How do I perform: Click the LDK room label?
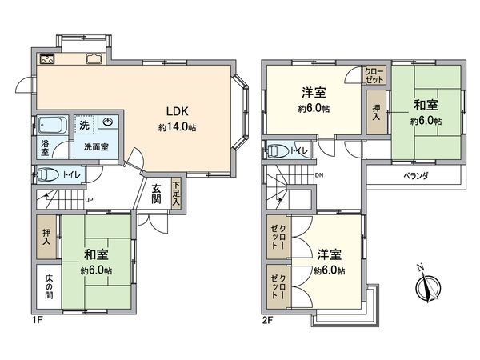pyautogui.click(x=176, y=111)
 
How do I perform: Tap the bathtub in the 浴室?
pyautogui.click(x=50, y=127)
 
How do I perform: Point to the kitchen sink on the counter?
pyautogui.click(x=92, y=58)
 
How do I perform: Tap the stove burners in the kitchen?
pyautogui.click(x=45, y=58)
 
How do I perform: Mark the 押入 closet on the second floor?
pyautogui.click(x=374, y=111)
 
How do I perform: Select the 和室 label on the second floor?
pyautogui.click(x=426, y=105)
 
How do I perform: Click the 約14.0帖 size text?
pyautogui.click(x=176, y=126)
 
